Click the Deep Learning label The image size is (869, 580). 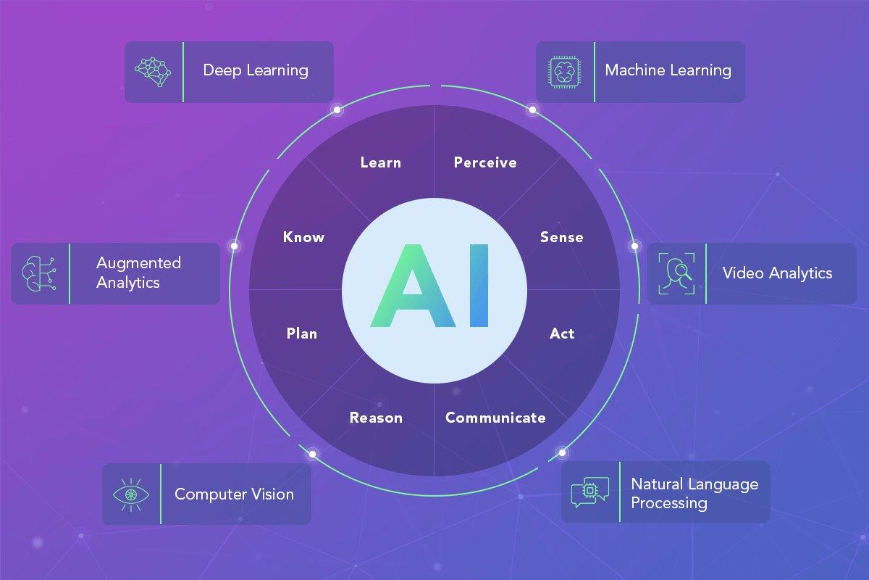(256, 71)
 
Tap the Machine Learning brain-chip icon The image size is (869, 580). (564, 72)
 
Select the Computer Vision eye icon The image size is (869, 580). (131, 494)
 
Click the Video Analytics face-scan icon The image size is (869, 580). (676, 273)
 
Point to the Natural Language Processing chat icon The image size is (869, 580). (590, 492)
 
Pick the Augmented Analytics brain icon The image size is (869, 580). (39, 273)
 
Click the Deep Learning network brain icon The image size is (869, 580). (153, 72)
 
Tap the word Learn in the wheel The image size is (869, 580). (381, 162)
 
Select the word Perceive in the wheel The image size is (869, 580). (485, 162)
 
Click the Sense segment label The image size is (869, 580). (562, 237)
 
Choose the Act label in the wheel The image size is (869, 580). (562, 333)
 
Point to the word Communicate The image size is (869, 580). (495, 418)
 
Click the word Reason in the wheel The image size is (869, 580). (376, 418)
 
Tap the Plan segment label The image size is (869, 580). (302, 333)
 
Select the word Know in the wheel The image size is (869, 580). (303, 237)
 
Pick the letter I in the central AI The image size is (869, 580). (479, 286)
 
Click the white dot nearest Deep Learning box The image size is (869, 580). (337, 110)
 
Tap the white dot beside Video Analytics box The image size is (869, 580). (634, 246)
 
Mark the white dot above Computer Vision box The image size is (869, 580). (312, 454)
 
